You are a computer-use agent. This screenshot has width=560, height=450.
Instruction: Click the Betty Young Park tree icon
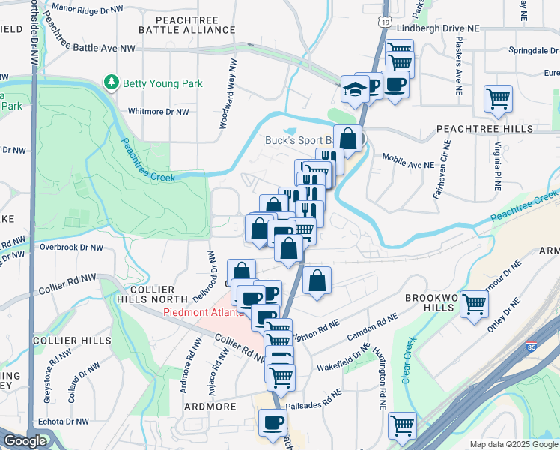coord(112,81)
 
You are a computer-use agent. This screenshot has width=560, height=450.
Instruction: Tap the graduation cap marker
coord(352,89)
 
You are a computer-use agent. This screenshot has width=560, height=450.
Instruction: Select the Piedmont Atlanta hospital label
coord(203,313)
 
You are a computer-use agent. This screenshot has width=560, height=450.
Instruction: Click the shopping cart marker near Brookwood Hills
coord(473,304)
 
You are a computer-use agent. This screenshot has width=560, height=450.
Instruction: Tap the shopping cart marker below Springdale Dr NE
coord(498,98)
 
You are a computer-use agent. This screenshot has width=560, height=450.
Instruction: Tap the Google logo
coord(25,442)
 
